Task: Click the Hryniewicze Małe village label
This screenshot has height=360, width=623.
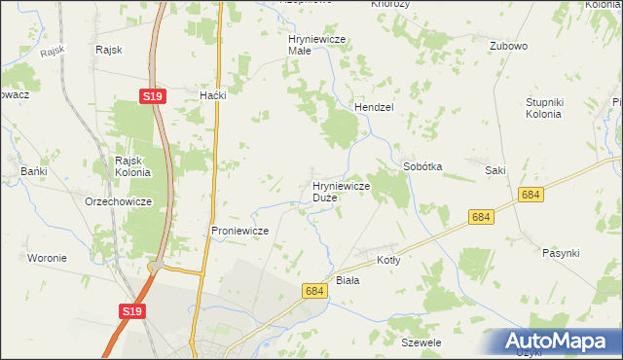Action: click(317, 44)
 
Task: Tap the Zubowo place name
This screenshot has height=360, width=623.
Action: click(508, 46)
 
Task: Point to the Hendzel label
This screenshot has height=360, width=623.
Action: click(373, 107)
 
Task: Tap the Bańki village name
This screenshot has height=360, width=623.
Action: click(34, 171)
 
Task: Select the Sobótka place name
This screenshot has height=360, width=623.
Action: click(422, 166)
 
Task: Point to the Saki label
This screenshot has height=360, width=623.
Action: click(495, 170)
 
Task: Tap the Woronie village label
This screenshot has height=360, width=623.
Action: click(47, 258)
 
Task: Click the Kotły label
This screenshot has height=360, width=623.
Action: click(388, 261)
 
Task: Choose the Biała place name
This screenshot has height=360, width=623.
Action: click(348, 280)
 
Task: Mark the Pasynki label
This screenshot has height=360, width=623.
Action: click(561, 253)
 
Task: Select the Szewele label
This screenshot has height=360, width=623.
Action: click(421, 343)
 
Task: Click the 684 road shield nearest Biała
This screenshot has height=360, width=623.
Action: click(313, 291)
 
